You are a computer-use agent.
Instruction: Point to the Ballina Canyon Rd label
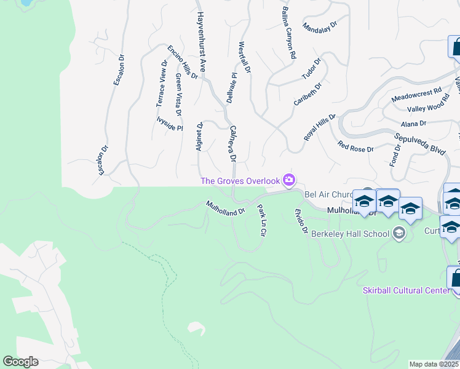tap(288, 33)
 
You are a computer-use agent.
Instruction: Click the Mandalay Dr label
tap(320, 27)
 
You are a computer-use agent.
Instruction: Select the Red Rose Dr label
tap(355, 146)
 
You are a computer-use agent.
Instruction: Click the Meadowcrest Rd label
tap(417, 94)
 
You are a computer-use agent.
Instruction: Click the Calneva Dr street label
tap(232, 144)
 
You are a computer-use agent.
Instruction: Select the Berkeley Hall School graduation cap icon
tap(399, 233)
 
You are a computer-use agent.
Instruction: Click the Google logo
tap(20, 362)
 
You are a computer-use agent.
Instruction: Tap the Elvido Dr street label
tap(299, 221)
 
